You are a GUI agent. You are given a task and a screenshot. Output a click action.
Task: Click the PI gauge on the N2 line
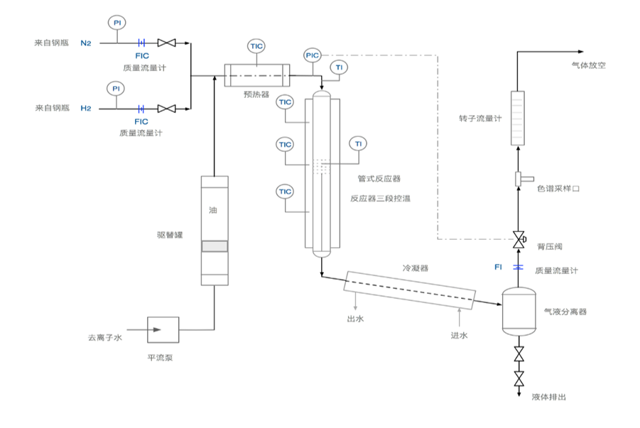point(117,23)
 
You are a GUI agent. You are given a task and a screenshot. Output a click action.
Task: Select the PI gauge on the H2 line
point(116,89)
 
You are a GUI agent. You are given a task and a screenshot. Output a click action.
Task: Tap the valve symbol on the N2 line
point(166,43)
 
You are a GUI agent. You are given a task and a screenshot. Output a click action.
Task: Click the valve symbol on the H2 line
point(166,109)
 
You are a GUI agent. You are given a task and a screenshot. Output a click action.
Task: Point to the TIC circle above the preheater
point(256,46)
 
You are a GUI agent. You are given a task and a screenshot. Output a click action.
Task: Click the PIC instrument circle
point(313,55)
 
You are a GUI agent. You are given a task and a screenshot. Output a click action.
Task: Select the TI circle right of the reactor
point(358,143)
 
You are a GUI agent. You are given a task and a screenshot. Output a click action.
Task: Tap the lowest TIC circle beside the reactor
point(285,192)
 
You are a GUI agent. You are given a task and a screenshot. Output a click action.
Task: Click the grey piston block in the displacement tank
point(215,246)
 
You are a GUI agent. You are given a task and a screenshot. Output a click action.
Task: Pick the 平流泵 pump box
point(163,329)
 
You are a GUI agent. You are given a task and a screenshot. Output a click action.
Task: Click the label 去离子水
point(105,337)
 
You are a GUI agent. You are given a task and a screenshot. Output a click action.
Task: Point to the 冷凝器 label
point(415,268)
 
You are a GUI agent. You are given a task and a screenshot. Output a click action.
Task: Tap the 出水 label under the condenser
point(355,319)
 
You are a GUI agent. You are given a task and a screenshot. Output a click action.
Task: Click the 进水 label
point(459,336)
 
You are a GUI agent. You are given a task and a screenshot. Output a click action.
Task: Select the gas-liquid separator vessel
point(519,312)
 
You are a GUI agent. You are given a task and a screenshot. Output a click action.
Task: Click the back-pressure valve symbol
point(519,240)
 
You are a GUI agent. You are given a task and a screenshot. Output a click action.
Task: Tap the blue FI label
point(498,268)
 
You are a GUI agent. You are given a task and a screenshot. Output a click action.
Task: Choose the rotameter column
point(518,118)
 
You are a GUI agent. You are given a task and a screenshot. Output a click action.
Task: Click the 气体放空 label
point(588,65)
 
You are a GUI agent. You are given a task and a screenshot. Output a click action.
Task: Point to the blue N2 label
point(86,43)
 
